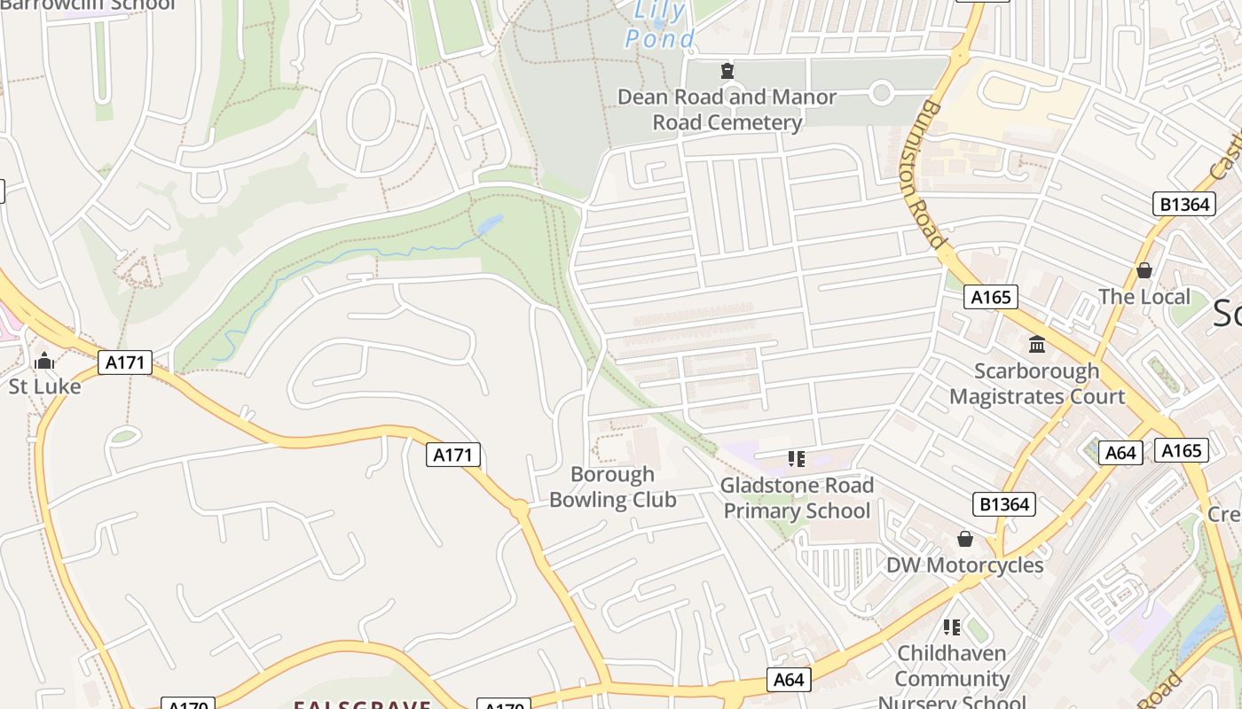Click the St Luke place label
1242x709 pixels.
[44, 386]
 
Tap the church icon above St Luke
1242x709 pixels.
[44, 362]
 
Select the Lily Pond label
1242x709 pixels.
[660, 25]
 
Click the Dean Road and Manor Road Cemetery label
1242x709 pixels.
[727, 109]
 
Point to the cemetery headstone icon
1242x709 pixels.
[727, 71]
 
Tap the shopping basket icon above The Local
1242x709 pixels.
[1144, 270]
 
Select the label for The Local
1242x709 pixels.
[1144, 296]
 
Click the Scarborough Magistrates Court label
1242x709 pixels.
[1037, 383]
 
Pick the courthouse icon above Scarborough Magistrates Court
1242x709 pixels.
[1036, 344]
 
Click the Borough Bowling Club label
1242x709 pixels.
[612, 487]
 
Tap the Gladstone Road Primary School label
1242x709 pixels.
[797, 497]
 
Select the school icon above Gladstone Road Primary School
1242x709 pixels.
[797, 458]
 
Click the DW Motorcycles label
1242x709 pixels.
[965, 565]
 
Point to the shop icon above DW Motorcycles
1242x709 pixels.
[965, 539]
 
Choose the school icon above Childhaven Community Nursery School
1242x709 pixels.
[952, 627]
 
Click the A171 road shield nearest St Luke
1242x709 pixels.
[125, 362]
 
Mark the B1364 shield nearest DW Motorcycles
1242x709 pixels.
[1004, 504]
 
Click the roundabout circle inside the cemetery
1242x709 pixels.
[881, 92]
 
